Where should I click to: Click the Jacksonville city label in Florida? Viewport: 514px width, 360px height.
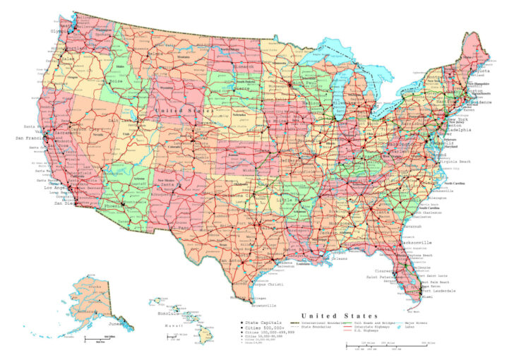[417, 241]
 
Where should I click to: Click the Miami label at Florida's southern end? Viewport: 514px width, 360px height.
[429, 297]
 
